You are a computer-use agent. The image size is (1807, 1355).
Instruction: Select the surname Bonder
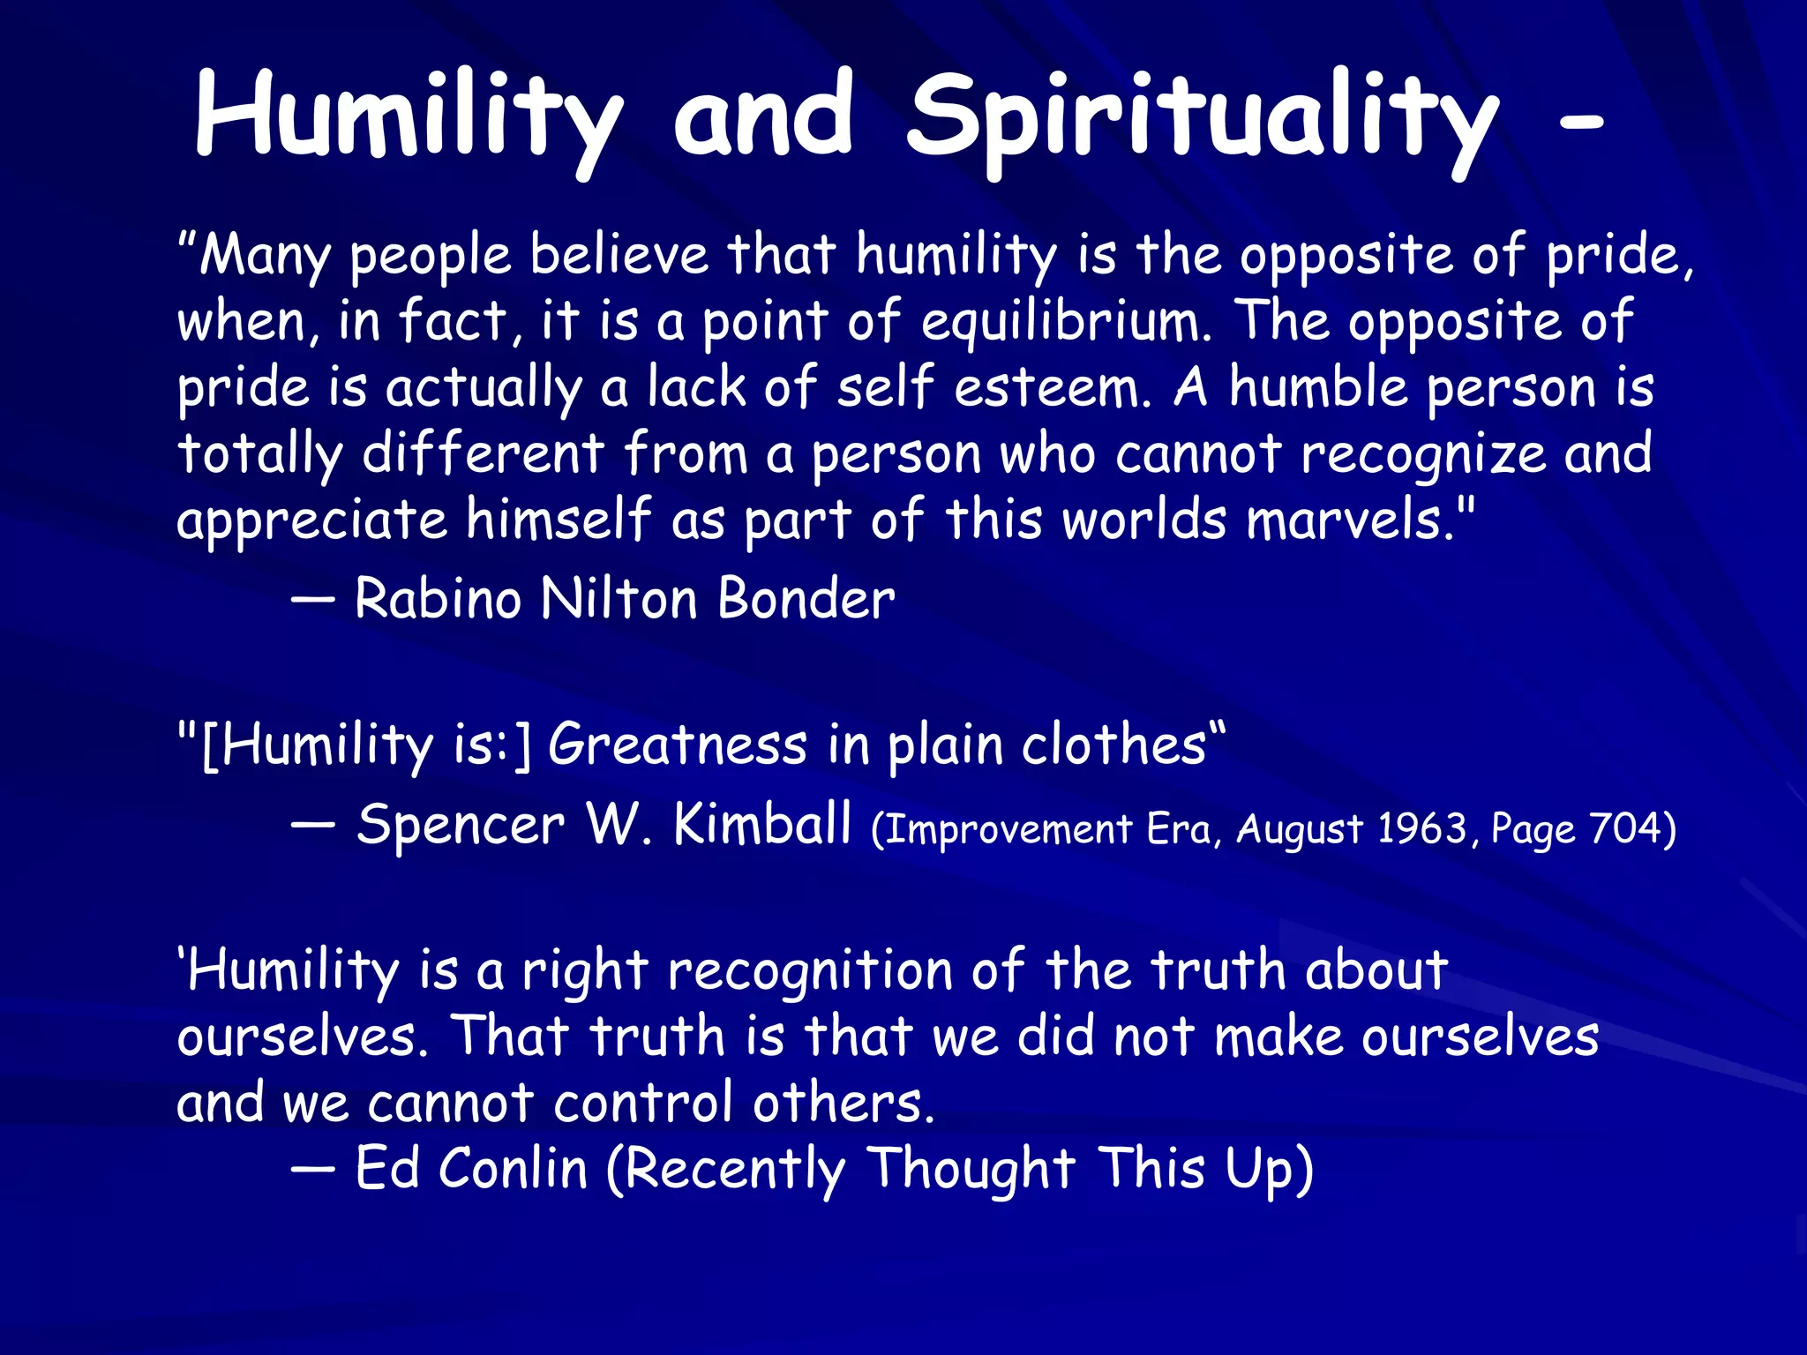(x=806, y=600)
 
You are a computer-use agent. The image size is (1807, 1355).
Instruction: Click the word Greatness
(x=678, y=745)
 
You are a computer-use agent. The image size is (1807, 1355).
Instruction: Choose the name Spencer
(x=461, y=826)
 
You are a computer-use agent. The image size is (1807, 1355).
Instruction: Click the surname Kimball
(x=762, y=826)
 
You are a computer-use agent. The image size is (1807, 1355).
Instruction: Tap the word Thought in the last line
(x=971, y=1169)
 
